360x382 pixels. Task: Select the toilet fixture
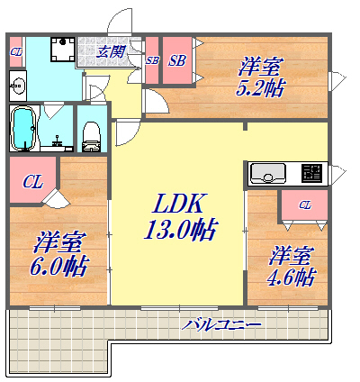coord(90,133)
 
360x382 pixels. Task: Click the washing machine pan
coord(61,50)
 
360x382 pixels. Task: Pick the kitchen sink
coord(267,172)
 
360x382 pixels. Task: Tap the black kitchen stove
coord(311,172)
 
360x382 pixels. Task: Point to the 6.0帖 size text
coord(61,266)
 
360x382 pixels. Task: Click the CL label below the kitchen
coord(305,205)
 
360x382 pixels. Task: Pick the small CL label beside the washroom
coord(15,52)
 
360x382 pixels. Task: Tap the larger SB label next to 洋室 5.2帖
coord(176,61)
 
